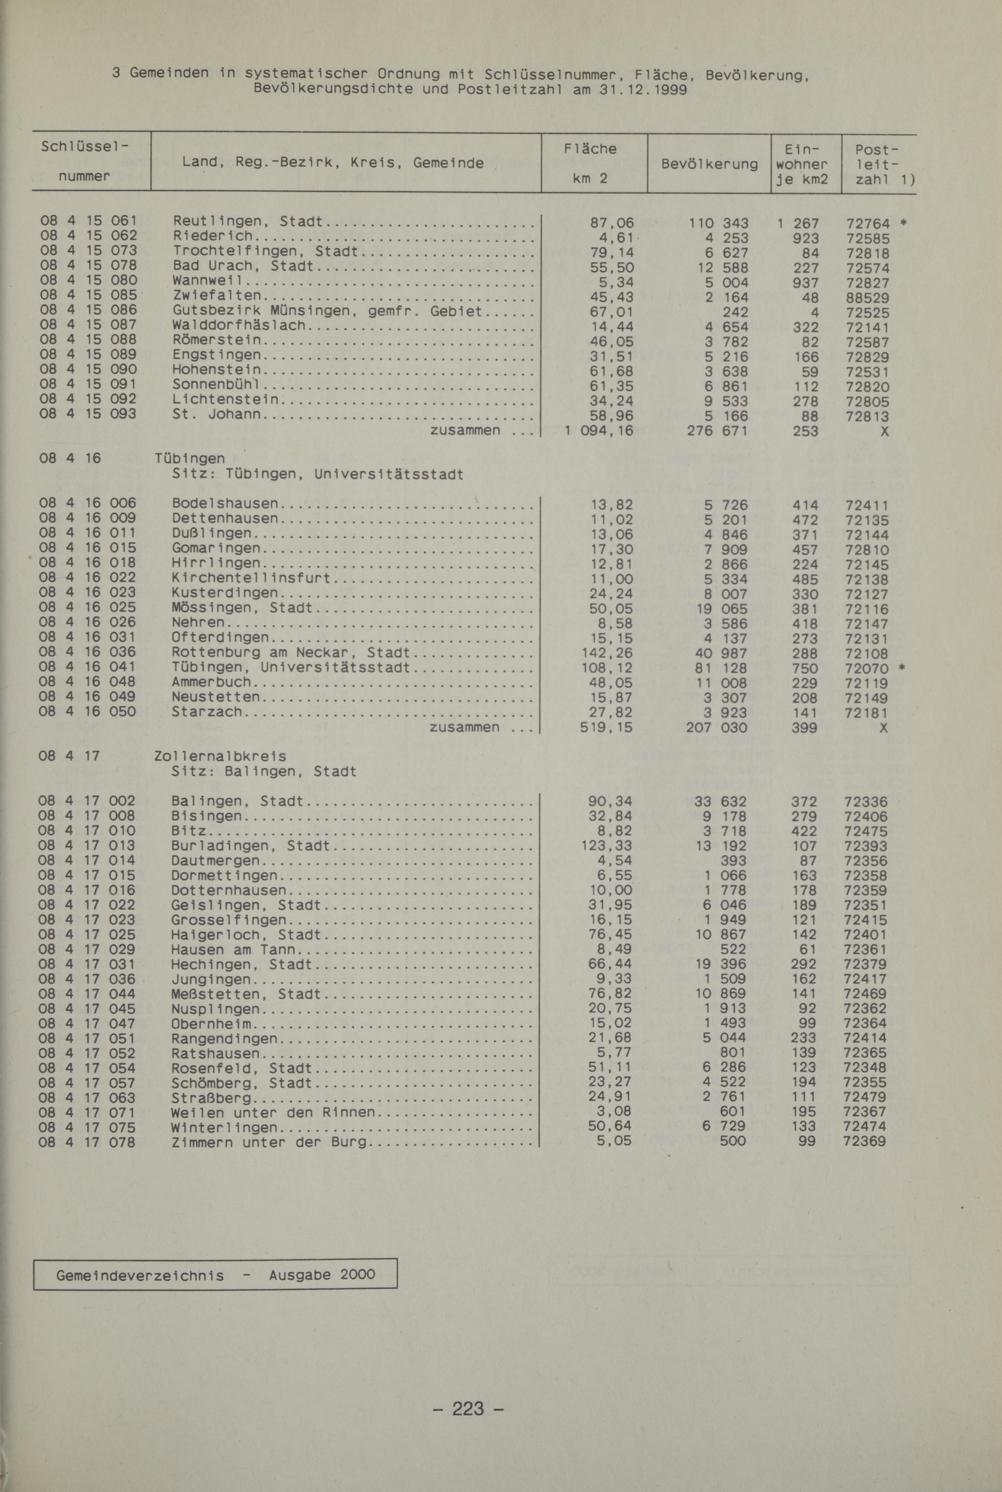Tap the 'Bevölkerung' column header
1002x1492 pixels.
tap(709, 164)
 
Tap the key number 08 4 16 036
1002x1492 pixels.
tap(88, 652)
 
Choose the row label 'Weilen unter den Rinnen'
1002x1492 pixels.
tap(273, 1112)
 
